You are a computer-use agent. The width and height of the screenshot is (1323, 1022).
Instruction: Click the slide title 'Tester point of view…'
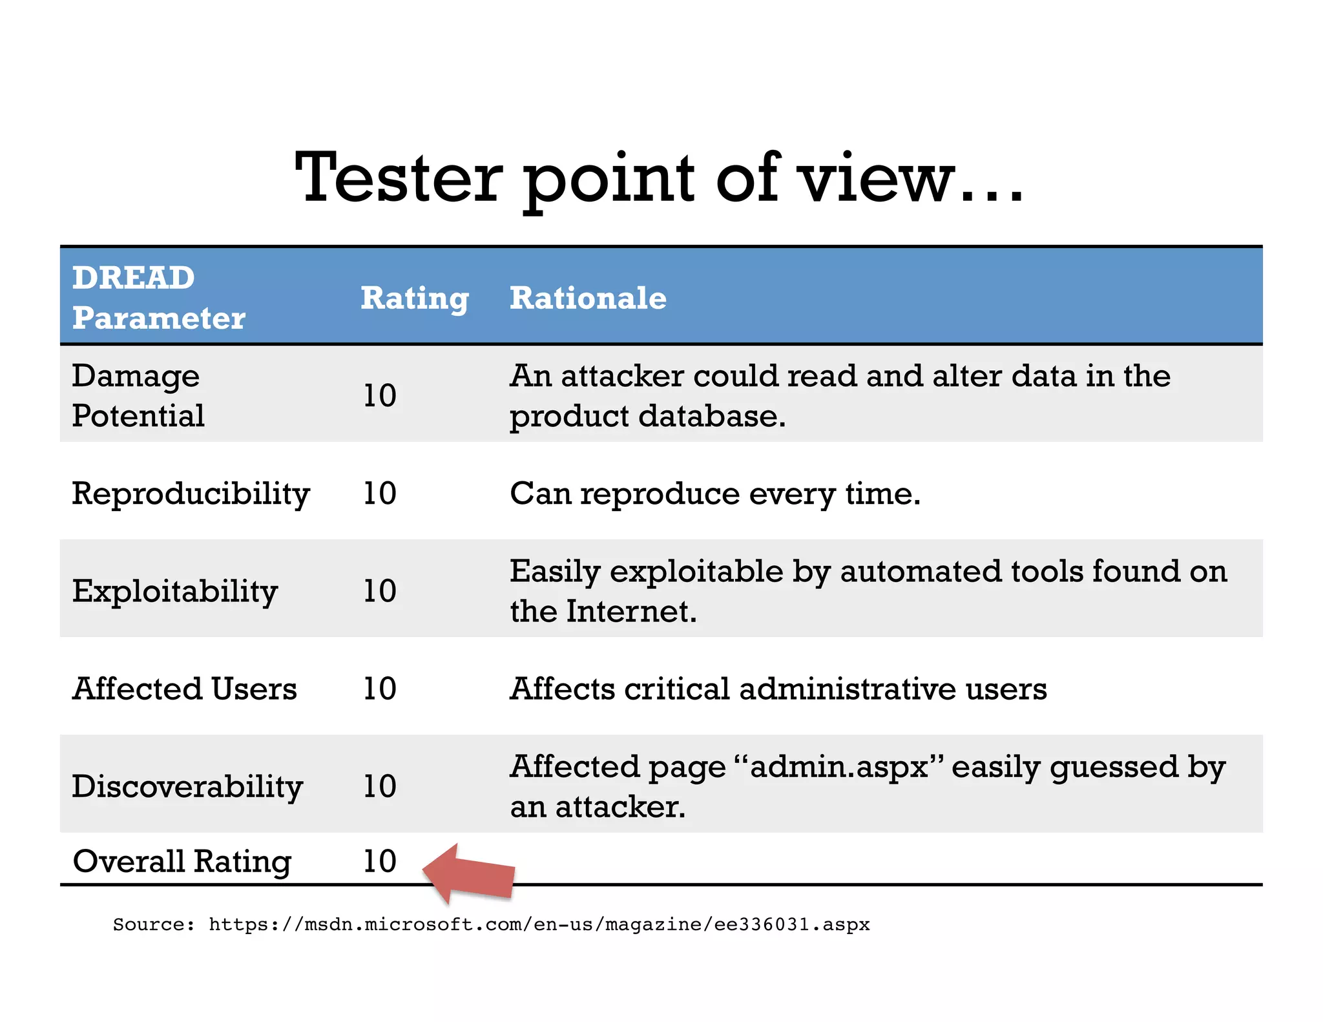tap(659, 178)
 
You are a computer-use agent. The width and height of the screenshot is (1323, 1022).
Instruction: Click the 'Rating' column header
tap(414, 298)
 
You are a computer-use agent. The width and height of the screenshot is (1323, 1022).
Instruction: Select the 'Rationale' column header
tap(588, 298)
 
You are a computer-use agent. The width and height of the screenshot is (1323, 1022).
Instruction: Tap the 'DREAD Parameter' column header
tap(158, 298)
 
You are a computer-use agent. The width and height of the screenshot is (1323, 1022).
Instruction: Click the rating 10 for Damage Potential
tap(380, 395)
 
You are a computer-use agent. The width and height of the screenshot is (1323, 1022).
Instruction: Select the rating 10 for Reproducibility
tap(380, 494)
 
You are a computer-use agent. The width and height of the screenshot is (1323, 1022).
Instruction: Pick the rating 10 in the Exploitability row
tap(380, 590)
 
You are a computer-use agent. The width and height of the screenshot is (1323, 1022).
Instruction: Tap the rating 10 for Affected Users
tap(380, 689)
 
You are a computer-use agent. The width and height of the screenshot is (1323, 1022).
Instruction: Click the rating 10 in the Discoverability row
tap(380, 786)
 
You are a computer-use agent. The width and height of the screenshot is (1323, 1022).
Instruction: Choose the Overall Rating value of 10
tap(380, 861)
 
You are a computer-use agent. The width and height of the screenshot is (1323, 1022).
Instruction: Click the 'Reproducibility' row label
tap(191, 494)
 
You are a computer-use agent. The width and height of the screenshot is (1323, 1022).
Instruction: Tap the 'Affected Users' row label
tap(185, 689)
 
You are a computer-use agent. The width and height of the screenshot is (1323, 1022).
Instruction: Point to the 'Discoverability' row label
tap(187, 787)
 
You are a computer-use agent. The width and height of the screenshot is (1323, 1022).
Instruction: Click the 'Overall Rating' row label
tap(182, 862)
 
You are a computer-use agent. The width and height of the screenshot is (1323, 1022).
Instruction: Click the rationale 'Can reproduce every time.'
tap(715, 494)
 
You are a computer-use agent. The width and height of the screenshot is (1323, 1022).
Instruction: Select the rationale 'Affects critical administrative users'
tap(778, 689)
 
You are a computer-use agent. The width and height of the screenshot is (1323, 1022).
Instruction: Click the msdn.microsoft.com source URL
tap(539, 924)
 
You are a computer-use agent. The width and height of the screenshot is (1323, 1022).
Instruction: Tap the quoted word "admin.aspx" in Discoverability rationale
tap(840, 767)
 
